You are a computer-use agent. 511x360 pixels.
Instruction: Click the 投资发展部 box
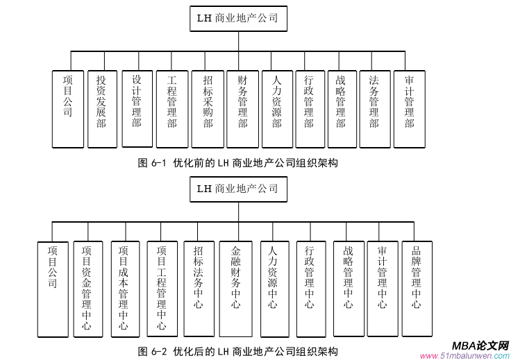click(x=102, y=109)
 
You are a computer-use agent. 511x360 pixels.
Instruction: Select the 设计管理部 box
click(x=137, y=108)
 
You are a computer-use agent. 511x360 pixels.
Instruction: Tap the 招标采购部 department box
click(x=207, y=109)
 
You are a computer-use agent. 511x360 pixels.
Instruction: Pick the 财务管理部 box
click(x=242, y=109)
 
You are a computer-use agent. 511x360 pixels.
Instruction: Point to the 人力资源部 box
click(x=277, y=109)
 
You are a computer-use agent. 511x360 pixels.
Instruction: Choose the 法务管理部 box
click(x=374, y=109)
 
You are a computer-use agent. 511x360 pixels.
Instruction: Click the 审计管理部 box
click(x=410, y=109)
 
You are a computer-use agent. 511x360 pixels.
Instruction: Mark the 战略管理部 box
click(x=340, y=109)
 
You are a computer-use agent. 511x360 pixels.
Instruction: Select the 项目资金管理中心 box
click(x=87, y=288)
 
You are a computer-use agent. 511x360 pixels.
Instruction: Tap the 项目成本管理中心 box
click(x=124, y=288)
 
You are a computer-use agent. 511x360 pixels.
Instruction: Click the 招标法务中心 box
click(x=199, y=288)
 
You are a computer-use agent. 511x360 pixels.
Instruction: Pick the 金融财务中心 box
click(x=236, y=288)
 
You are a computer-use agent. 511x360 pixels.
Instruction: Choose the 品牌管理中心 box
click(x=417, y=288)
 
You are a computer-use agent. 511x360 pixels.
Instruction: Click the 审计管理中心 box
click(x=383, y=288)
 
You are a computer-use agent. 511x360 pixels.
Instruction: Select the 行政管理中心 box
click(x=310, y=288)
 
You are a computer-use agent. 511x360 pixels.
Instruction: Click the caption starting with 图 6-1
click(x=238, y=163)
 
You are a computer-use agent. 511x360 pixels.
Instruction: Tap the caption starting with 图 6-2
click(x=238, y=351)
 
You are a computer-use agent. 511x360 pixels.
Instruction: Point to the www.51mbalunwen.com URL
click(x=465, y=355)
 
